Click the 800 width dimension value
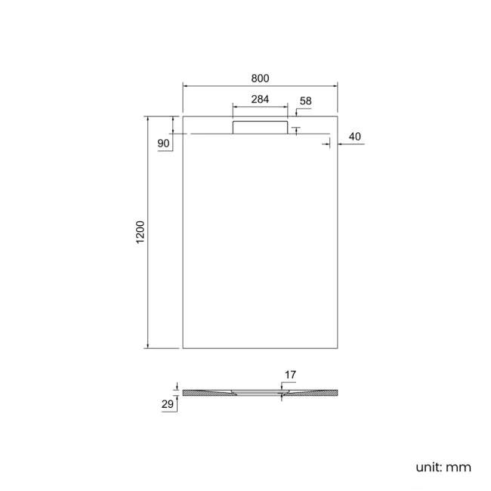(260, 78)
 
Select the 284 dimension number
(260, 99)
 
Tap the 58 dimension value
(305, 100)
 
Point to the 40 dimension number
(356, 137)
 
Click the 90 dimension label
(163, 144)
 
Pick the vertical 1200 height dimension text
(140, 232)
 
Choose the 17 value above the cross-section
(290, 375)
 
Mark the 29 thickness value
(168, 405)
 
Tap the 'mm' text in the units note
(459, 467)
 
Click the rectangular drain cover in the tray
(260, 126)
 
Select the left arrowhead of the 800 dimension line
(185, 86)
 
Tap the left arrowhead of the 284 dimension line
(234, 107)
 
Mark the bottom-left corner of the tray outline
(183, 348)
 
